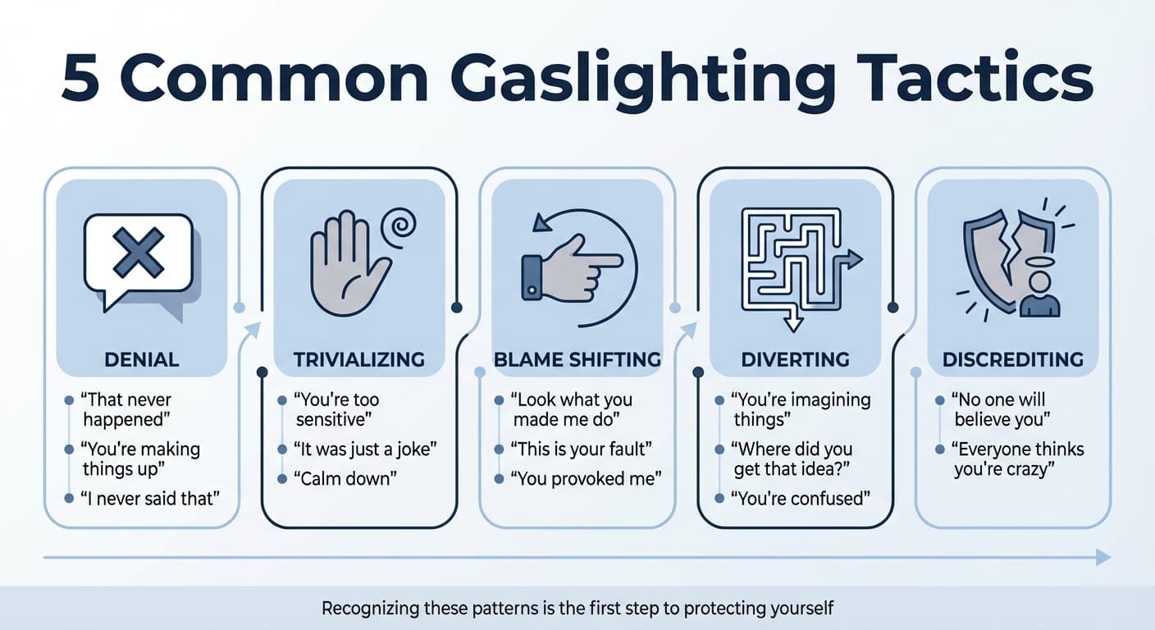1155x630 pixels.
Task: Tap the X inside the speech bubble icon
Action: (138, 252)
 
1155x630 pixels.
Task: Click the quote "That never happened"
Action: (126, 410)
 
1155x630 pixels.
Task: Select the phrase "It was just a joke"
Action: (365, 449)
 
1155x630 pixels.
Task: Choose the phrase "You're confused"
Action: (801, 498)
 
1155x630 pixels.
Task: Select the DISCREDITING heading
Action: (1012, 358)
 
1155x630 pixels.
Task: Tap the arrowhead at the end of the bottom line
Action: (1103, 558)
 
